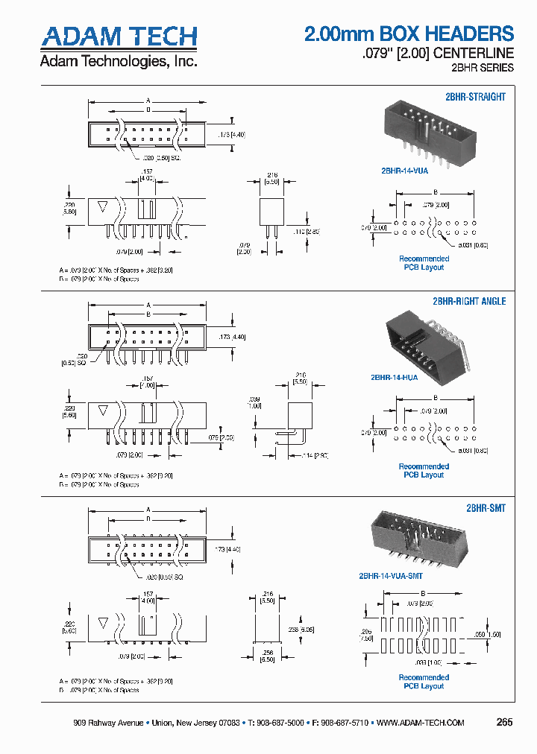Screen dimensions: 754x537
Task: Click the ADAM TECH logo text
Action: click(x=119, y=36)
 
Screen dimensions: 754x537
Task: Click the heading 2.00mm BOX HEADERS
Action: click(x=409, y=34)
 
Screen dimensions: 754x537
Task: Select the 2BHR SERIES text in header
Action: click(x=483, y=68)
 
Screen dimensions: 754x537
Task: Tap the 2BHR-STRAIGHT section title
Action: click(x=475, y=97)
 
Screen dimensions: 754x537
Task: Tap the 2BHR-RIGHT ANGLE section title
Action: click(x=469, y=302)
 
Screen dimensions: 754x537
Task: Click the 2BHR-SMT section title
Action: click(x=486, y=508)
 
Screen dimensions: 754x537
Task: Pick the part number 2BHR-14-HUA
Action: click(x=395, y=377)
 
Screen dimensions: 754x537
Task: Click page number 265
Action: click(x=504, y=722)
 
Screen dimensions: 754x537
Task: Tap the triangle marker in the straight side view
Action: click(x=103, y=206)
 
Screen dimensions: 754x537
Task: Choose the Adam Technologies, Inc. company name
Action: click(x=118, y=61)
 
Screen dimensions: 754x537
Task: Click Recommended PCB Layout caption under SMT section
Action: click(x=424, y=682)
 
